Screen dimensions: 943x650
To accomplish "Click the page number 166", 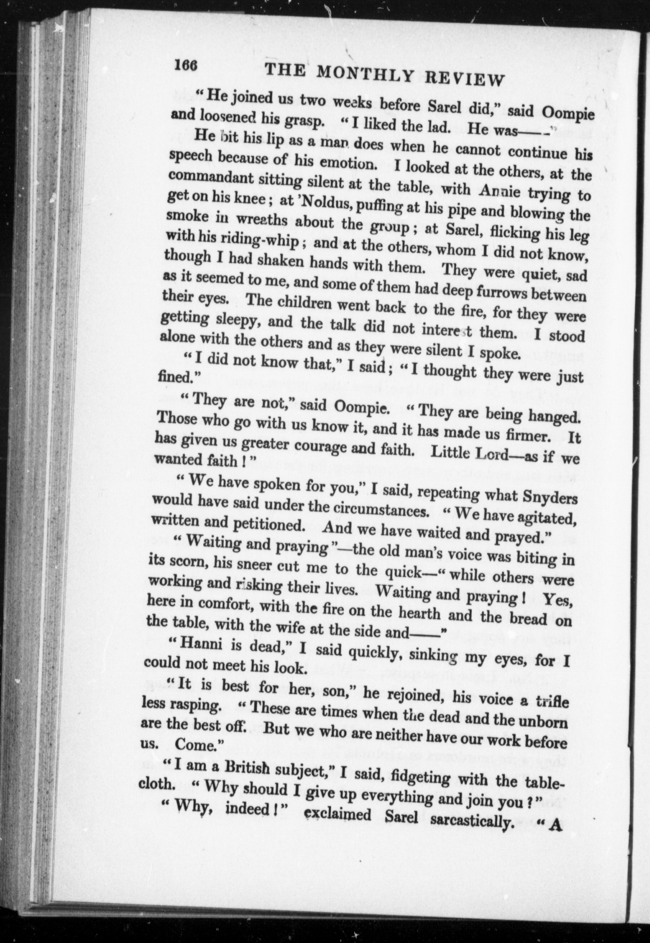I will pyautogui.click(x=185, y=65).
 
